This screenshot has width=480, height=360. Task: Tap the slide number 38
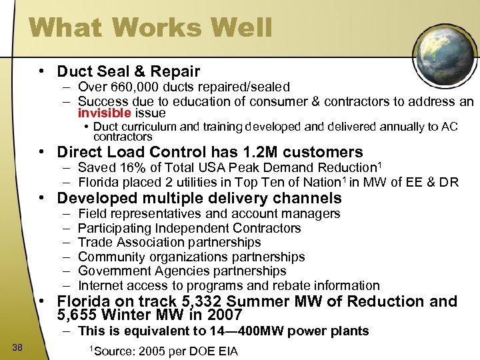click(x=17, y=345)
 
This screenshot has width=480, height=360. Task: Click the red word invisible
click(x=104, y=113)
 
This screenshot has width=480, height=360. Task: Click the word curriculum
click(x=148, y=127)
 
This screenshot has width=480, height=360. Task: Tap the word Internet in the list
click(x=101, y=285)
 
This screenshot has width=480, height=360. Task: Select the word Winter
click(x=154, y=315)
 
